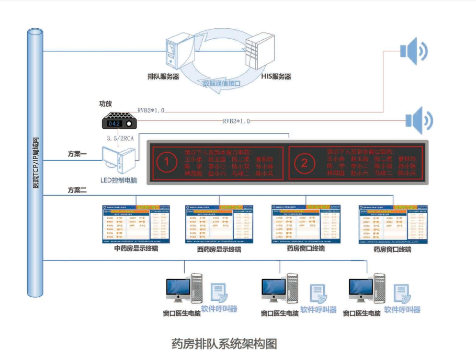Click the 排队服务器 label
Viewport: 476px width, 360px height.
tap(164, 76)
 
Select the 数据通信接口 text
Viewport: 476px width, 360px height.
tap(221, 82)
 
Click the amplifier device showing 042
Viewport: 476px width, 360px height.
tap(118, 121)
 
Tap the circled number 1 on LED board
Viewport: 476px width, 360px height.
tap(167, 162)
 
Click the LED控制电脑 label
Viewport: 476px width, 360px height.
tap(119, 181)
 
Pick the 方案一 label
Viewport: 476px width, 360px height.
tap(77, 155)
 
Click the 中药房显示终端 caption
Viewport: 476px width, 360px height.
tap(136, 249)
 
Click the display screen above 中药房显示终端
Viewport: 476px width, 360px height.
tap(136, 224)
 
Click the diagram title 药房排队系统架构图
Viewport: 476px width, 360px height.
tap(224, 344)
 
